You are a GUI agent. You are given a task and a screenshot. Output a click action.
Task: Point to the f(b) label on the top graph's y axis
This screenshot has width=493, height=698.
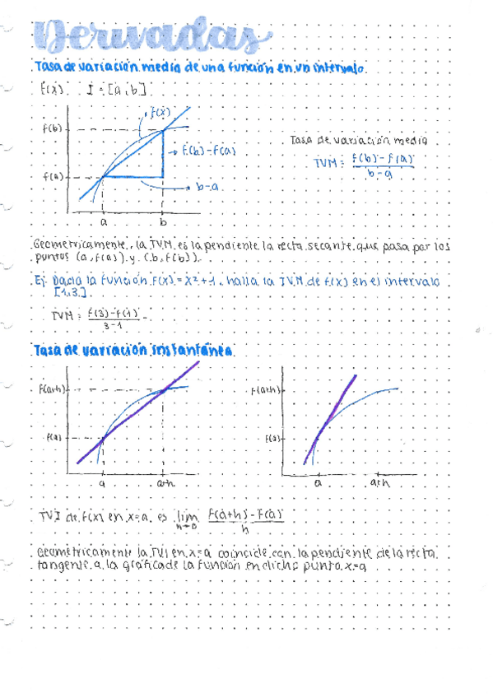point(52,128)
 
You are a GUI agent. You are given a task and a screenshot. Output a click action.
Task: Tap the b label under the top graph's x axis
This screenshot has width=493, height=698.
point(163,222)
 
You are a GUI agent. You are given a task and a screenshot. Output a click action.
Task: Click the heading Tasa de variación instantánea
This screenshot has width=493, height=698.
point(133,351)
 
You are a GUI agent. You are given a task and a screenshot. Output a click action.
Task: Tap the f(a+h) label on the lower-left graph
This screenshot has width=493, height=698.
point(51,387)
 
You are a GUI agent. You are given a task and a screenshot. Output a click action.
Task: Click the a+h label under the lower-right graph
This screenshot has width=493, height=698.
point(379,485)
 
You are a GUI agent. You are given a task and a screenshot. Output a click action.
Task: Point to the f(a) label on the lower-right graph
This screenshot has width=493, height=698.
point(274,440)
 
